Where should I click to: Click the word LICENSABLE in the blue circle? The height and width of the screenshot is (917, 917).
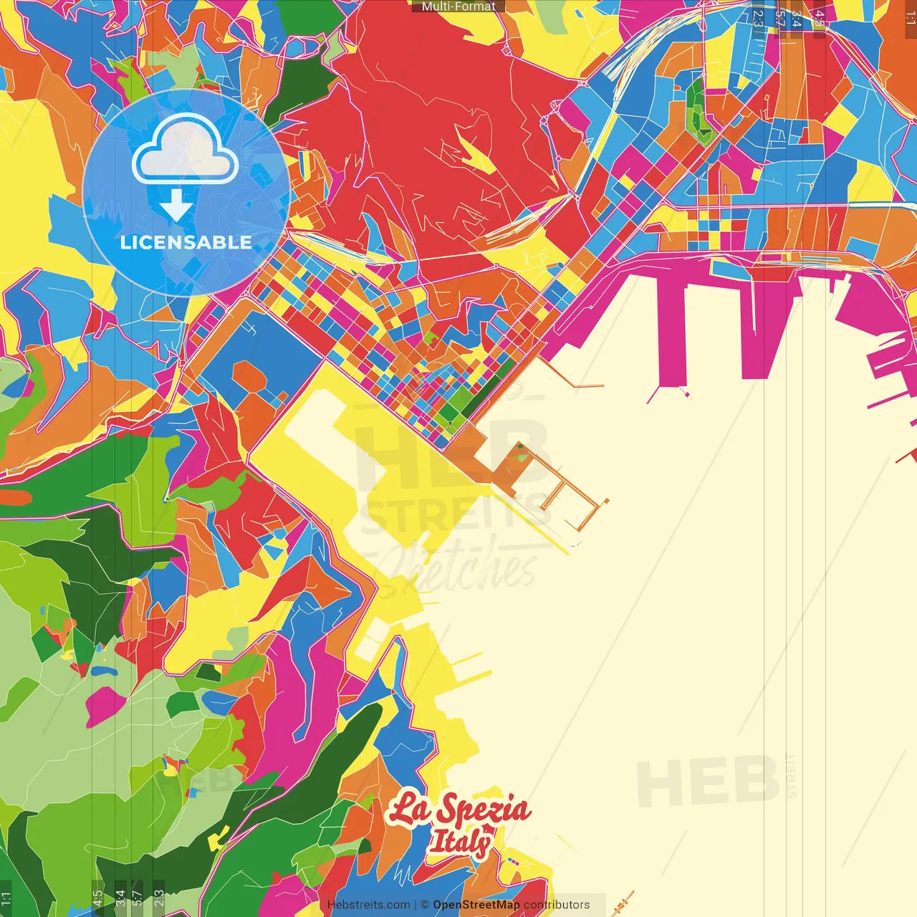186,242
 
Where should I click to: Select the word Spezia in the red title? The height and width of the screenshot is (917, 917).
484,810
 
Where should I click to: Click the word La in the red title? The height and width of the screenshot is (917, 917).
410,810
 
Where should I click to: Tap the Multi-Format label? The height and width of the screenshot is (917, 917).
458,6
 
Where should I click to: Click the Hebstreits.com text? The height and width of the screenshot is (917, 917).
368,905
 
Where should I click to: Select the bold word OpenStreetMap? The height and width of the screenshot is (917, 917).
476,905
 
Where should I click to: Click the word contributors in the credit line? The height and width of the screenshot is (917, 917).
557,905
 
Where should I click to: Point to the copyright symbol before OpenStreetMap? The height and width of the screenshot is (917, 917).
425,905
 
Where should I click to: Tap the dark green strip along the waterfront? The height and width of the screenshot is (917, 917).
487,390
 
